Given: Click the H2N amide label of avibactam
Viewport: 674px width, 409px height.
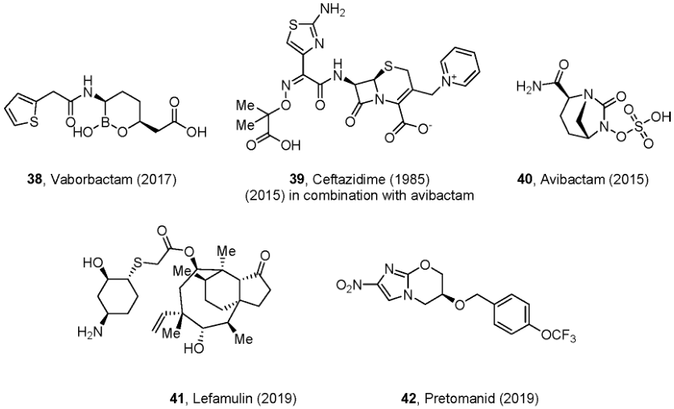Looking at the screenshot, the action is [x=529, y=87].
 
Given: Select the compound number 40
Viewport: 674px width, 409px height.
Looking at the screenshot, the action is [x=526, y=180].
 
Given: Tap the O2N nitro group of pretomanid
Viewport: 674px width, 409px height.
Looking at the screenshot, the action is [x=349, y=284].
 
